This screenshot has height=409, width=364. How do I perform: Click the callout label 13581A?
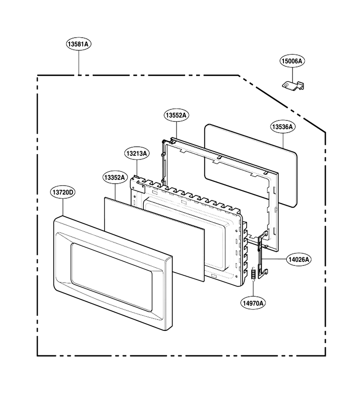click(79, 44)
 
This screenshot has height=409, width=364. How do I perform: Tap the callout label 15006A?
click(292, 61)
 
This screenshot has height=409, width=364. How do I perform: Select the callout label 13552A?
click(177, 115)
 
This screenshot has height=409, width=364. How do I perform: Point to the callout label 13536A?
click(283, 127)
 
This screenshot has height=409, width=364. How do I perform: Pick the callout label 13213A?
click(137, 154)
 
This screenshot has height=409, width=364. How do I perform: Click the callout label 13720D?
click(63, 193)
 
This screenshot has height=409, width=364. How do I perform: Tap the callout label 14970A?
click(253, 303)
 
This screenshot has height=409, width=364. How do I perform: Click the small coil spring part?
click(253, 274)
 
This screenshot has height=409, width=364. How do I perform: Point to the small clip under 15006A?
click(293, 85)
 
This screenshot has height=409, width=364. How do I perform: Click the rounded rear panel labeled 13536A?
click(251, 165)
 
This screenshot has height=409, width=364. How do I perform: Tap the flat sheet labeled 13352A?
click(154, 239)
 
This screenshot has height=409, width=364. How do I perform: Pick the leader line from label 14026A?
click(274, 259)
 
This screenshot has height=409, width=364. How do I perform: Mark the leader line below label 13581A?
click(79, 62)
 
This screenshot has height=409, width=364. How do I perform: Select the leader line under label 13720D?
click(63, 207)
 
